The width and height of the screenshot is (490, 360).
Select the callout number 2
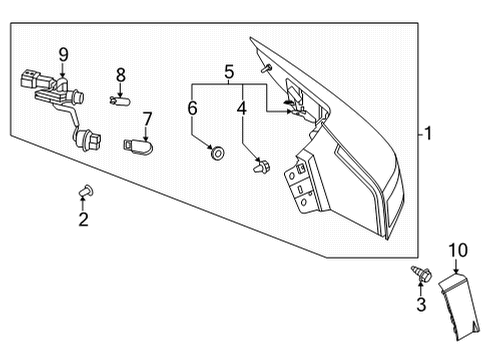coord(83,218)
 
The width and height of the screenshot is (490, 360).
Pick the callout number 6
coord(193,108)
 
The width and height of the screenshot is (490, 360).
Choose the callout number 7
coord(147,119)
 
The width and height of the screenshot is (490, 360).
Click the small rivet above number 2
coord(84,190)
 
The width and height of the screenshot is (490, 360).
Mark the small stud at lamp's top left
coord(266,67)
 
